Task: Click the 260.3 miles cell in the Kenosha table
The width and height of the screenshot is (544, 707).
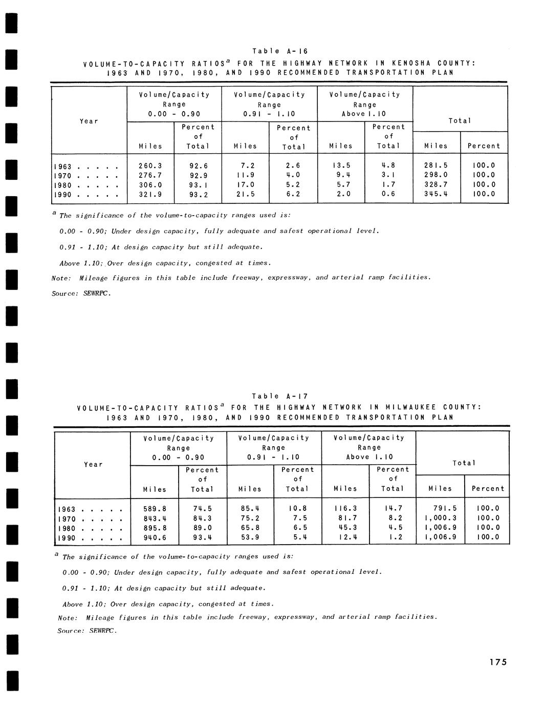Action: pyautogui.click(x=150, y=166)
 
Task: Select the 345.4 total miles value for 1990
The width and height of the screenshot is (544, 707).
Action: pyautogui.click(x=436, y=194)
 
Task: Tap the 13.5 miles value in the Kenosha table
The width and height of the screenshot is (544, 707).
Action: pyautogui.click(x=341, y=166)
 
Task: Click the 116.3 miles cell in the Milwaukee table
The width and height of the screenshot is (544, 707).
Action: pyautogui.click(x=345, y=509)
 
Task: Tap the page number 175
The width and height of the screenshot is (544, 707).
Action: pyautogui.click(x=497, y=662)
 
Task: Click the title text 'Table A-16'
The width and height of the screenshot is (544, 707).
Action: pyautogui.click(x=279, y=51)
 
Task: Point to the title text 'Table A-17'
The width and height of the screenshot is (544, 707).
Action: pyautogui.click(x=279, y=396)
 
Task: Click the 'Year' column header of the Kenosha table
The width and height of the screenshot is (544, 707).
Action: pyautogui.click(x=89, y=121)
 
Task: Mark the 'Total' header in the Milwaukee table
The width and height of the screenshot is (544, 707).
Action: pyautogui.click(x=464, y=463)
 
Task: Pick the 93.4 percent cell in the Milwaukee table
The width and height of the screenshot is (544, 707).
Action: pyautogui.click(x=202, y=538)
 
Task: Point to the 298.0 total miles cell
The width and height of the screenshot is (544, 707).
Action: pyautogui.click(x=436, y=176)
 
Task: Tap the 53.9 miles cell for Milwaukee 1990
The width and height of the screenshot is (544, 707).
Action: pyautogui.click(x=250, y=538)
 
